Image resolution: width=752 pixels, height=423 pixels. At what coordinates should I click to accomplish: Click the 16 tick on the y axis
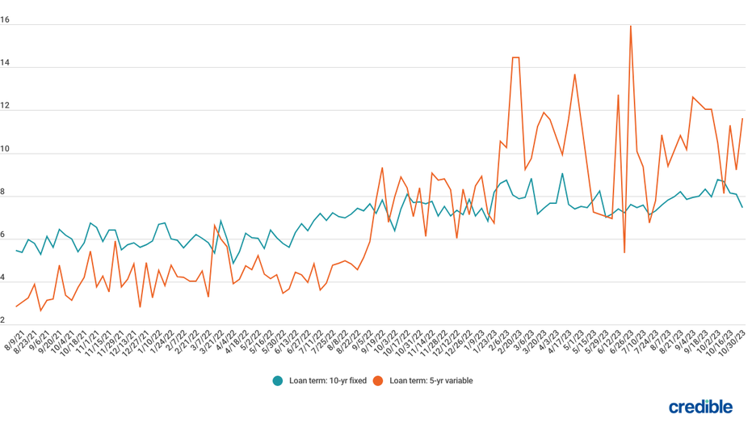click(5, 20)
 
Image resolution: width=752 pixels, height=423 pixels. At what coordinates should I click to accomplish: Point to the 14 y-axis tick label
click(5, 63)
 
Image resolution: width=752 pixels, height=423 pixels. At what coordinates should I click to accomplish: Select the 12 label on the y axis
click(5, 106)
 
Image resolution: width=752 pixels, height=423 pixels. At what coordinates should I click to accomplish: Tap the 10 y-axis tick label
click(5, 149)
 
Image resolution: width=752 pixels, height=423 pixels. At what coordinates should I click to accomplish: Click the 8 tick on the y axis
click(5, 192)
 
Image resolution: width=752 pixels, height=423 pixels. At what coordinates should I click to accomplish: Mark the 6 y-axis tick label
click(5, 235)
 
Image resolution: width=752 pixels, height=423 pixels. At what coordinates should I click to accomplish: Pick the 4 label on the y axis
click(5, 278)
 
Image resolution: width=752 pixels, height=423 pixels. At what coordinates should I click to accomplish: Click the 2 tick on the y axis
click(5, 321)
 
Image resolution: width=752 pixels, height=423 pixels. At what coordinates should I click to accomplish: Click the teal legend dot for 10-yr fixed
click(278, 380)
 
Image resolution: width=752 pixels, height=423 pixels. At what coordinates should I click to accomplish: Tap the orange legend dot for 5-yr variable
click(378, 380)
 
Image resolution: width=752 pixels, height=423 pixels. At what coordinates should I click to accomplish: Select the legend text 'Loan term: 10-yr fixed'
click(327, 380)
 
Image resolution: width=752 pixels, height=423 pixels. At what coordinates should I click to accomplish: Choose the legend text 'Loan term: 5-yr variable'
click(431, 380)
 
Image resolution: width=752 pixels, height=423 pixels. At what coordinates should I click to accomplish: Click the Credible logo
click(700, 406)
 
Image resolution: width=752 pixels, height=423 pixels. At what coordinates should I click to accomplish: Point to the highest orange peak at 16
click(631, 26)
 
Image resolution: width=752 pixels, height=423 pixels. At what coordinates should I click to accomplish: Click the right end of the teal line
click(742, 207)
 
